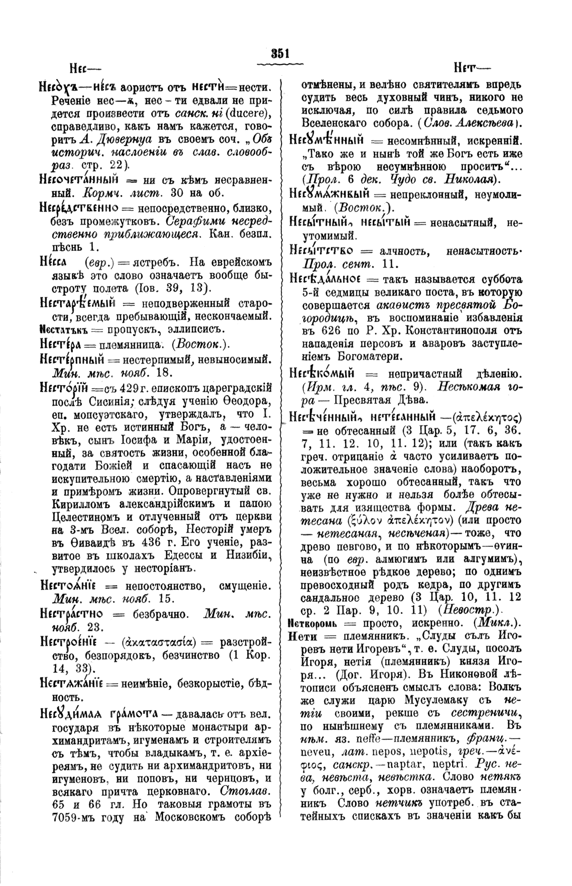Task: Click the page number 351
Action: [x=280, y=54]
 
